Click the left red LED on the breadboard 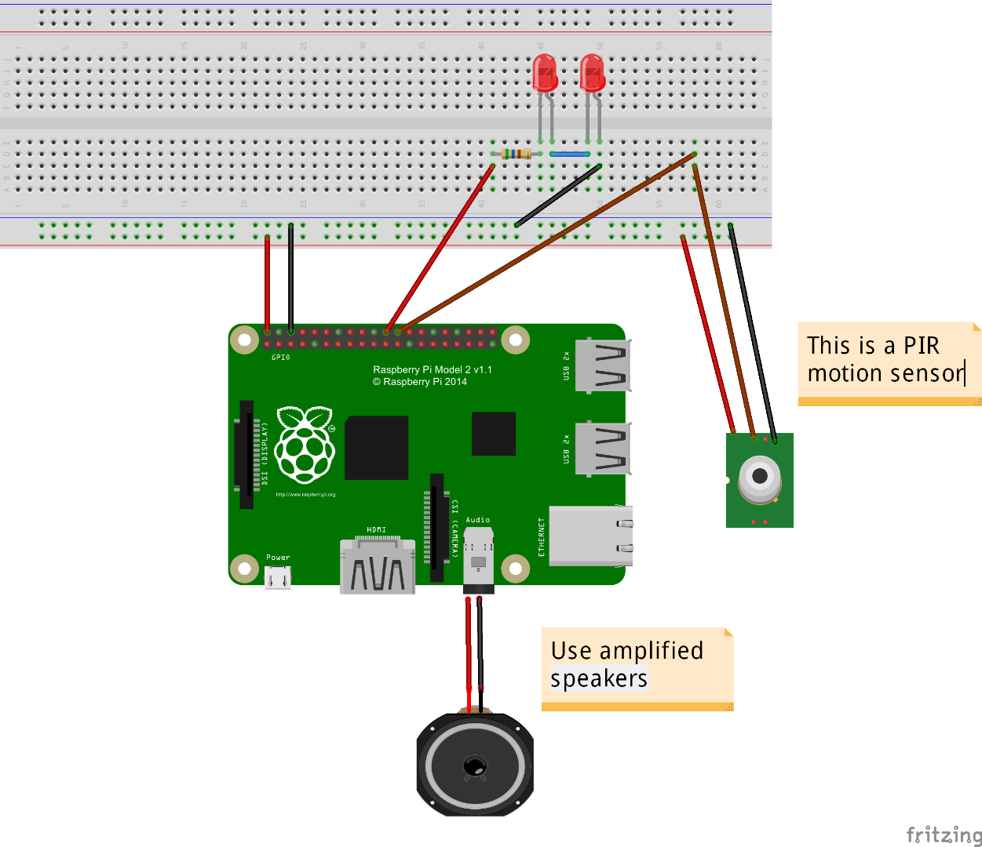[x=544, y=73]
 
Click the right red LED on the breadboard [x=592, y=73]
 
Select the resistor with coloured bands [x=516, y=154]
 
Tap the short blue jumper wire [x=569, y=154]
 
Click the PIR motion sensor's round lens [x=759, y=476]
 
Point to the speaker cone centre [x=474, y=765]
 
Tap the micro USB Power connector [x=278, y=578]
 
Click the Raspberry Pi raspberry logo [x=305, y=445]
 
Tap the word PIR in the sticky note [x=921, y=346]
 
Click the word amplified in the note [x=651, y=651]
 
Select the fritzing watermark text [x=944, y=834]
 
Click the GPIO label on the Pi [x=280, y=358]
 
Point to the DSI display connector [x=246, y=454]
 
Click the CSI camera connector [x=436, y=528]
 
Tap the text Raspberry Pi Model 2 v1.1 [x=432, y=369]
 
